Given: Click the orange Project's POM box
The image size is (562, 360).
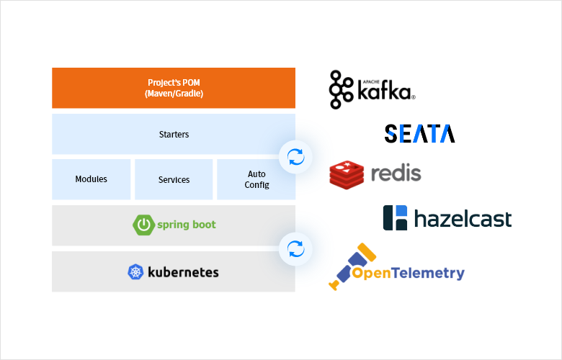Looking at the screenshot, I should pos(174,88).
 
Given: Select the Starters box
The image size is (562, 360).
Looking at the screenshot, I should pos(174,134).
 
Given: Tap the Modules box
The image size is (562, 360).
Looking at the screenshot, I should pos(91,179).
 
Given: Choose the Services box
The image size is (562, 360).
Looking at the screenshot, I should pos(174,179).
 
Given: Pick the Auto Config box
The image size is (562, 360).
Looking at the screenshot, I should pos(257,179).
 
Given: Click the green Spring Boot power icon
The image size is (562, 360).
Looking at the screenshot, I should pos(144,225).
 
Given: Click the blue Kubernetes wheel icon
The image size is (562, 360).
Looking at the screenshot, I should pos(135,272).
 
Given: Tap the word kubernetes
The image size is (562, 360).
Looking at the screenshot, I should pos(183,272).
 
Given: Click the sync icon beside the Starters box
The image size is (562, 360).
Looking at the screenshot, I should pos(295,156).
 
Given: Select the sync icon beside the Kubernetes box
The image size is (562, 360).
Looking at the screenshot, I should pos(295,249).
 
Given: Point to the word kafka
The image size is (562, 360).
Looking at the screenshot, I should pos(385,93).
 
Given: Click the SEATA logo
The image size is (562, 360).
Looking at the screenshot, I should pos(419,133).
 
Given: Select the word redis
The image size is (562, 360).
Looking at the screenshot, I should pos(396,174).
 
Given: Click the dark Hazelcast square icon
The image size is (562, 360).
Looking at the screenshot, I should pos(396,217).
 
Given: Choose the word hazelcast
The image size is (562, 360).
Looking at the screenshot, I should pos(463,218).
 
